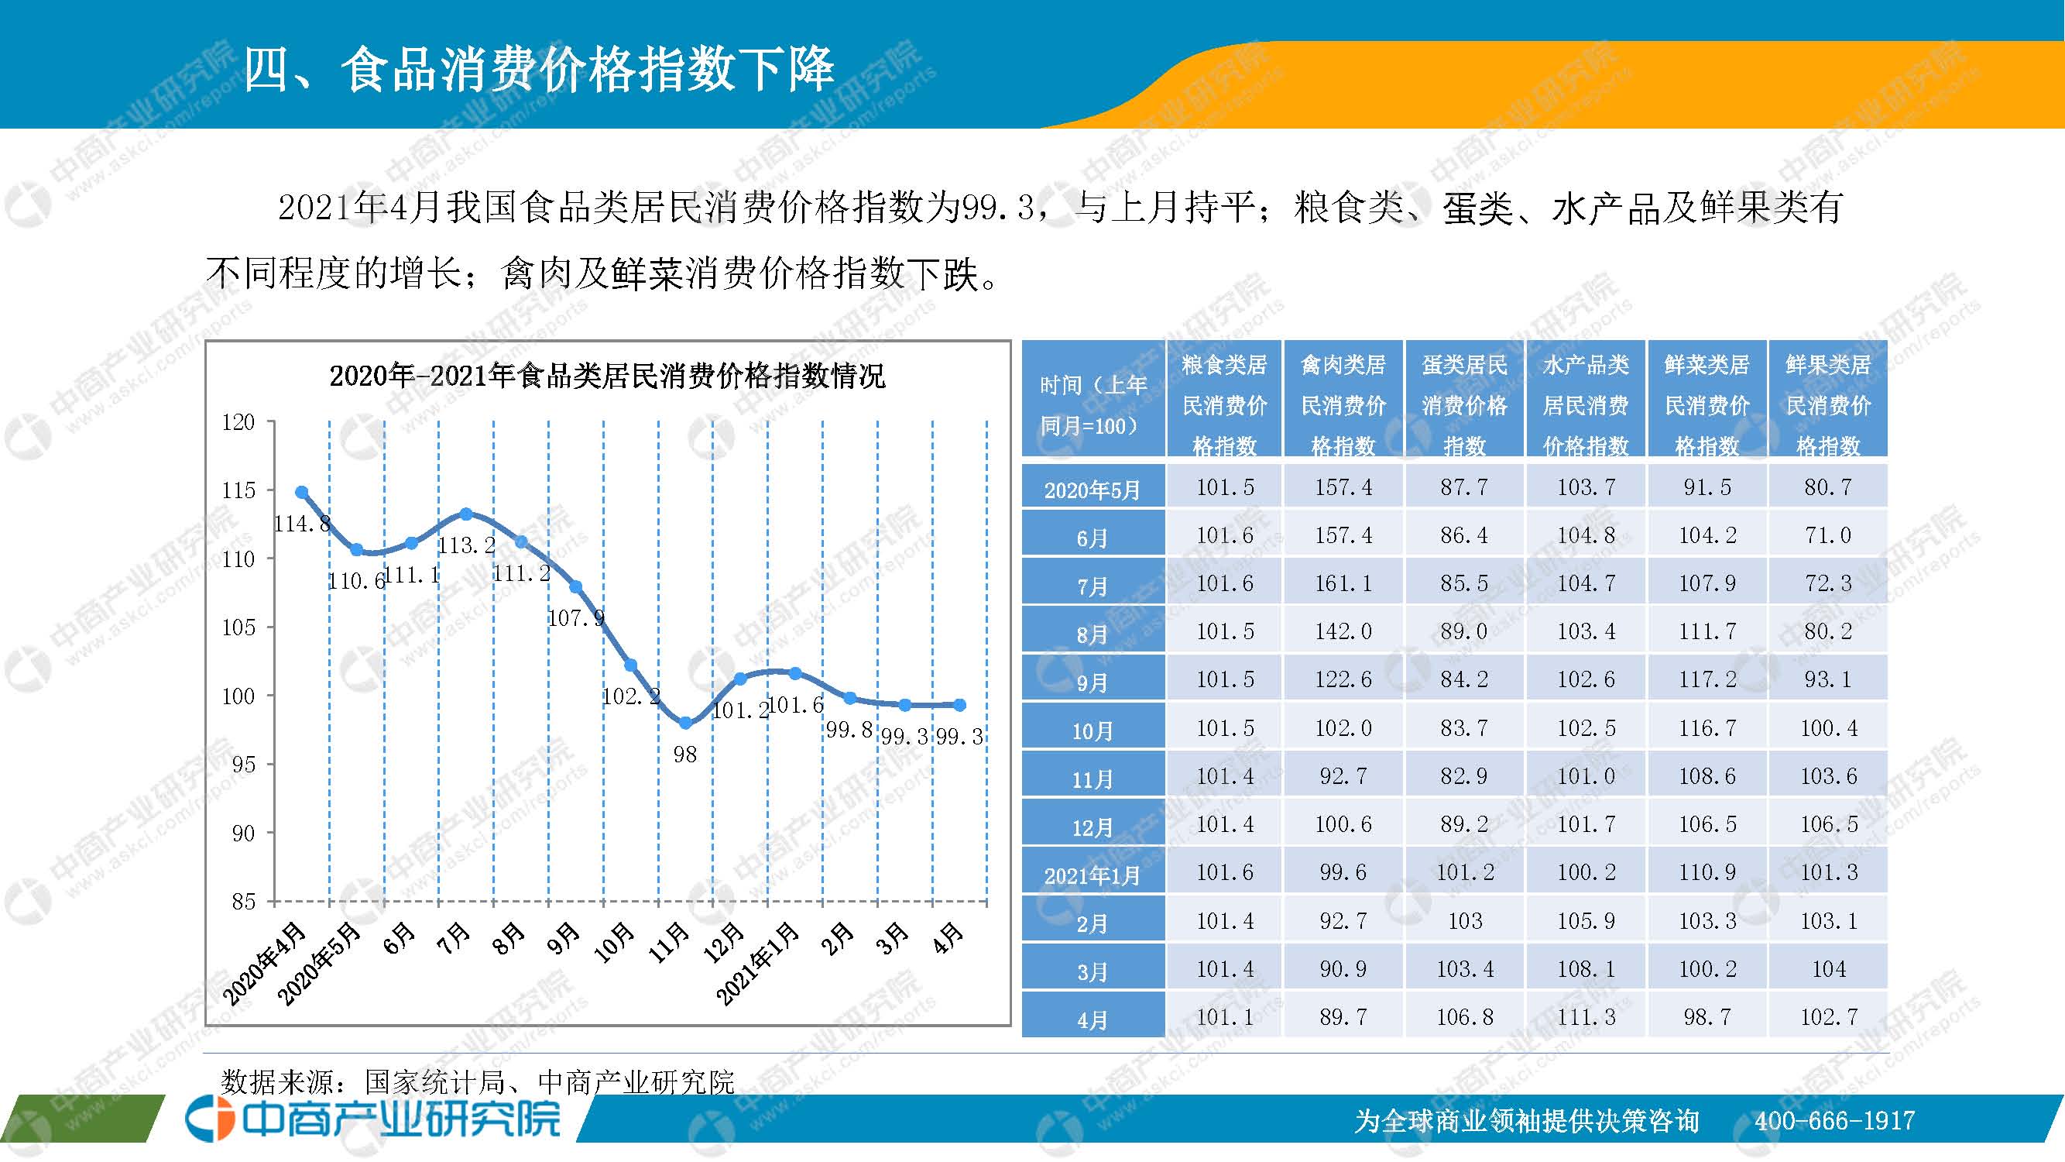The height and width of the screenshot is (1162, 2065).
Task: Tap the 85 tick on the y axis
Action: (x=243, y=902)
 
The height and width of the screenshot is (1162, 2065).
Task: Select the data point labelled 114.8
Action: (x=302, y=493)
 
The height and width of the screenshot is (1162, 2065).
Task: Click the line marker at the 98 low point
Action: (x=685, y=724)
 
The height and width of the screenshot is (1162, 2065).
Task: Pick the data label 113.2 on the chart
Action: (x=467, y=545)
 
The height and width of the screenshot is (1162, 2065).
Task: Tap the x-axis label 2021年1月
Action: (x=757, y=963)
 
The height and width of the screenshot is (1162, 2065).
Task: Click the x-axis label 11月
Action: (x=668, y=941)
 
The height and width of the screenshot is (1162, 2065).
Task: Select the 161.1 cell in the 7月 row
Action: (x=1343, y=583)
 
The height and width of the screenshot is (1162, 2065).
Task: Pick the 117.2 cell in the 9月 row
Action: (x=1707, y=679)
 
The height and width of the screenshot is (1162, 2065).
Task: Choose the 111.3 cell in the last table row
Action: (x=1586, y=1017)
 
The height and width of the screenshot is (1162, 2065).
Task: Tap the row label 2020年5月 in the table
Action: (x=1092, y=489)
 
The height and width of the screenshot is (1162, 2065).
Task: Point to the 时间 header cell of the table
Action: (x=1093, y=405)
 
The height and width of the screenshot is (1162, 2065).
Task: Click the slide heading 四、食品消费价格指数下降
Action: (x=538, y=70)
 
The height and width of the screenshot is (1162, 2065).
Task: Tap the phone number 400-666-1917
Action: (x=1834, y=1120)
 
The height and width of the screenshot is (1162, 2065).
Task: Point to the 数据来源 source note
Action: (x=477, y=1081)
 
